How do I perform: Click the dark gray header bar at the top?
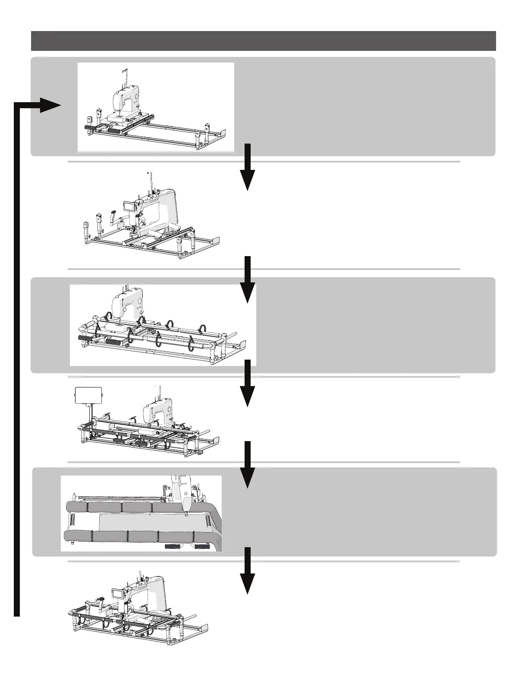click(x=263, y=41)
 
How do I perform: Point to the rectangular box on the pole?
click(x=88, y=395)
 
